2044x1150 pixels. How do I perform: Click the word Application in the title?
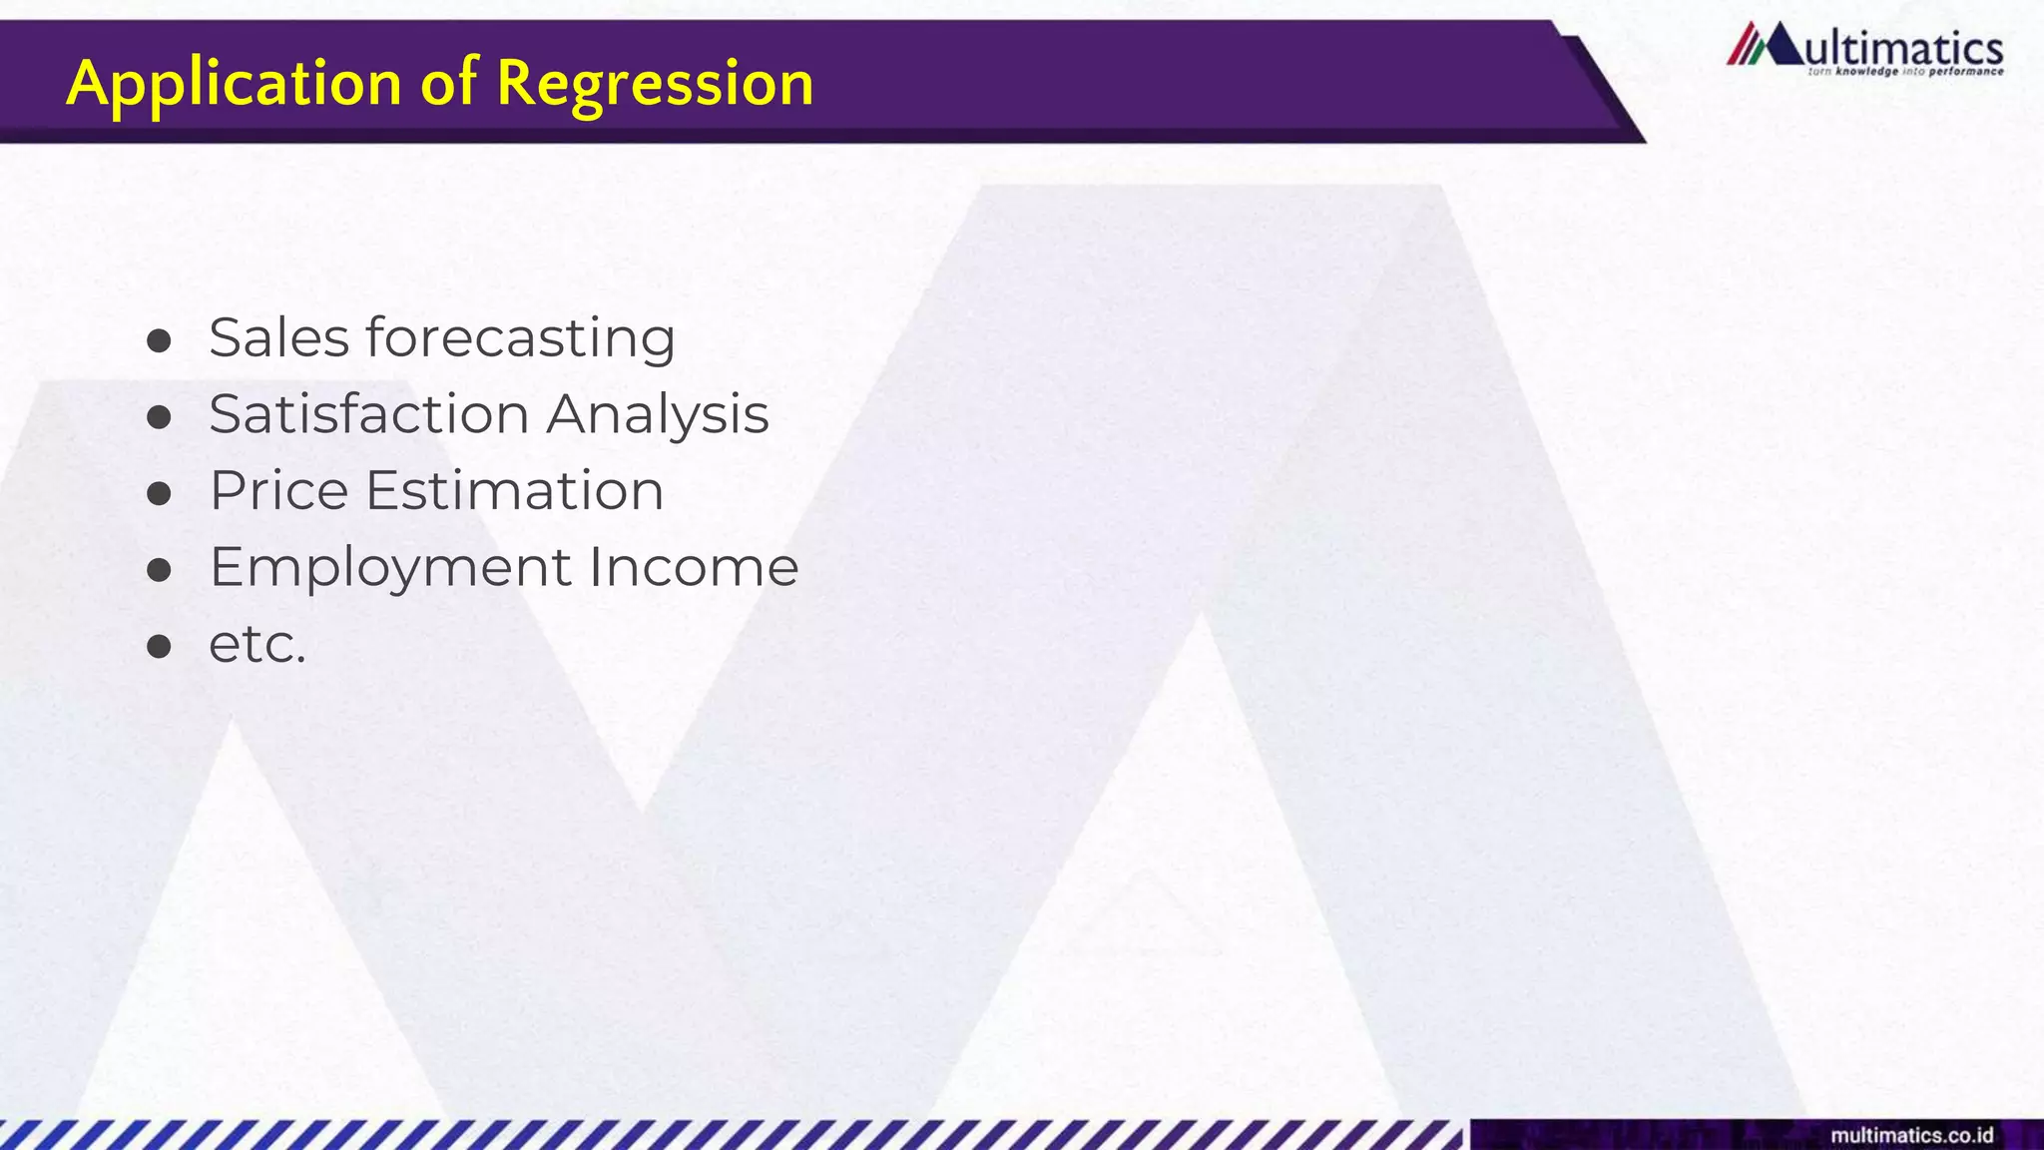234,83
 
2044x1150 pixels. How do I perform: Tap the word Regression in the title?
655,83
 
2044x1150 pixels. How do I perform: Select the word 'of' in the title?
449,83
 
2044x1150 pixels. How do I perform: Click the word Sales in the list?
278,337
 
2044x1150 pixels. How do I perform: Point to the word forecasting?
521,337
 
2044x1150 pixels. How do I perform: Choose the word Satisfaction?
368,414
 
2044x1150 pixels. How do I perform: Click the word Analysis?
658,414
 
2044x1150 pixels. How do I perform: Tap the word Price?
278,490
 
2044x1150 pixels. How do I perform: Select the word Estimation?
514,490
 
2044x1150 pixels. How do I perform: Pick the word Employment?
390,567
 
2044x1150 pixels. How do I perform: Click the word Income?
694,567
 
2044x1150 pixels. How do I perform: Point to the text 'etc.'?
256,644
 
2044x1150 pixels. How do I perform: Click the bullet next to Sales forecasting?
159,341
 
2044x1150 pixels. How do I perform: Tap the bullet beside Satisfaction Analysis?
159,417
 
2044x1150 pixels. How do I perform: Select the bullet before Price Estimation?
159,494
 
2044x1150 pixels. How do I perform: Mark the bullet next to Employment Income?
159,570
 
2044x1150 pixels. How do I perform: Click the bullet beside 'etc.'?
159,647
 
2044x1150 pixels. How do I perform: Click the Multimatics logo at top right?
1864,48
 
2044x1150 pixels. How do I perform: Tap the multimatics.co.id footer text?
1911,1136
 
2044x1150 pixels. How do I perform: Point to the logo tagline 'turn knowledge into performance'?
1905,72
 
